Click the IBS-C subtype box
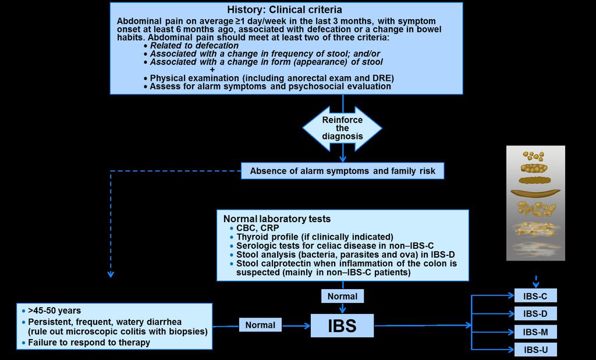(535, 295)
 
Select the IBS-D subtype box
(535, 313)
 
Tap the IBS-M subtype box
(535, 332)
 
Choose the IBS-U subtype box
(535, 350)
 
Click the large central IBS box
(342, 326)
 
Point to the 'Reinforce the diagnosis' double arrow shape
(342, 128)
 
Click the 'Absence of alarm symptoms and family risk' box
(342, 171)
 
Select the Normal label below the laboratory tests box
(342, 296)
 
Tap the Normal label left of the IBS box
(260, 325)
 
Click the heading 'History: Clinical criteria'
(284, 9)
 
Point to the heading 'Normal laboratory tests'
(277, 219)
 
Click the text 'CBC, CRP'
(258, 228)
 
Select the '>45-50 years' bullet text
(54, 311)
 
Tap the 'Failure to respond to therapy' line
(89, 343)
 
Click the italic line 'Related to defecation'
(194, 45)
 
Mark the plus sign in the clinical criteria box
(212, 70)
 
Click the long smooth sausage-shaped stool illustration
(535, 193)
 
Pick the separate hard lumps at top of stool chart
(533, 156)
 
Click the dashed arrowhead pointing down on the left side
(111, 274)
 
